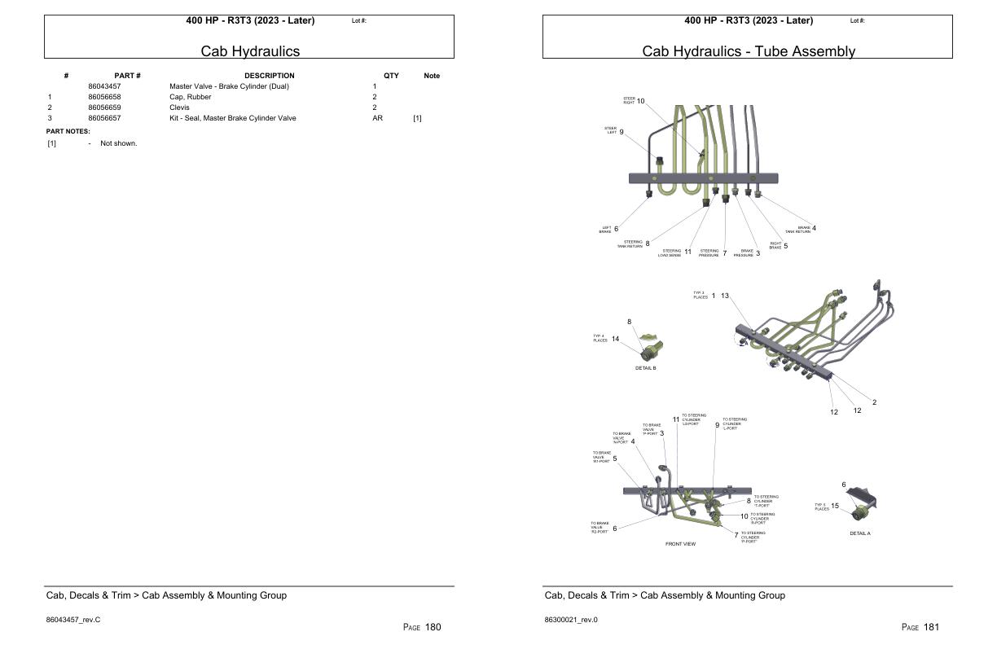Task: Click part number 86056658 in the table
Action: pos(104,97)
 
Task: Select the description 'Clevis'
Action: pos(179,107)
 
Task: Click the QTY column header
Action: pos(391,76)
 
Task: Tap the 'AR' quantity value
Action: pos(377,118)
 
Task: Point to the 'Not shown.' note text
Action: pos(118,143)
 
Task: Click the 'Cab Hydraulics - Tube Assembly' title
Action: pos(748,51)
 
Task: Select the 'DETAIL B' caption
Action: pos(645,368)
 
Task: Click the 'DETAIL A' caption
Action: pos(859,533)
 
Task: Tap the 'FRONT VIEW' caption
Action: pos(680,544)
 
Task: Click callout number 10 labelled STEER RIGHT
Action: pos(640,101)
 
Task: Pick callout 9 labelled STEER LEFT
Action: pos(621,131)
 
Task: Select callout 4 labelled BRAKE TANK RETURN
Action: pos(814,228)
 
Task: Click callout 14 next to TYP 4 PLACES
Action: pos(615,339)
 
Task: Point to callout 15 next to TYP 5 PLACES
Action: pos(835,506)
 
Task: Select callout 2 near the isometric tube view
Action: pos(874,402)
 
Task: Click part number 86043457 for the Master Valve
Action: pos(104,86)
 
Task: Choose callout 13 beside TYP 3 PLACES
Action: pos(725,296)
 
